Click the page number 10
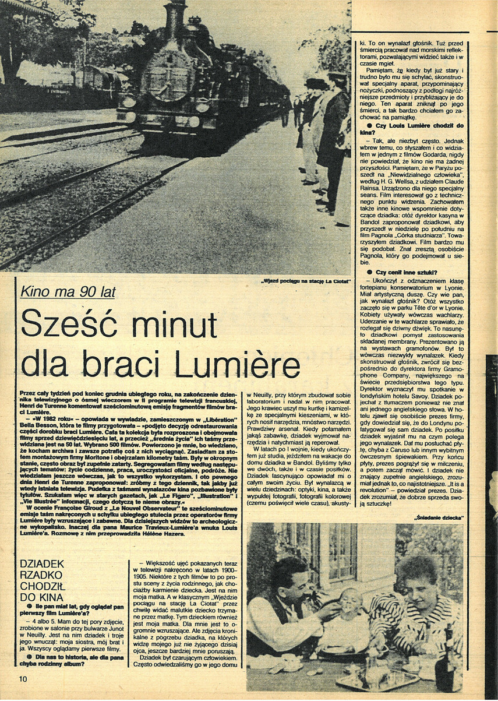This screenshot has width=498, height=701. click(23, 678)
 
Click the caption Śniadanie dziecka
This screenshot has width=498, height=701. click(440, 517)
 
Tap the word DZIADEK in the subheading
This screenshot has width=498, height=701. click(42, 563)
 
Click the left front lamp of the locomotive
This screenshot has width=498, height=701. click(129, 101)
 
